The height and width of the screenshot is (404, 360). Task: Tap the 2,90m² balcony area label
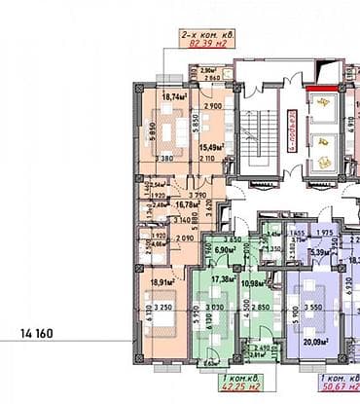point(207,70)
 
